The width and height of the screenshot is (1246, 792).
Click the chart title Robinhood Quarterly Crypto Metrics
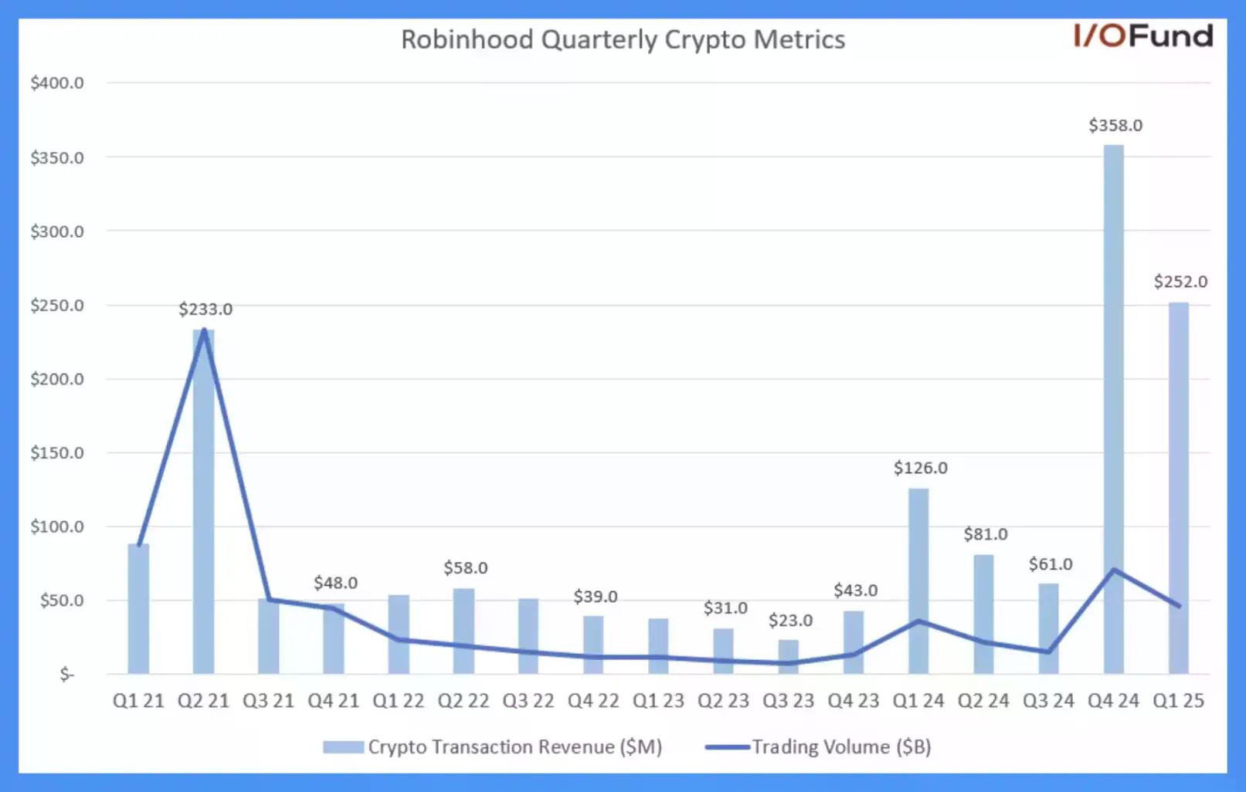(623, 39)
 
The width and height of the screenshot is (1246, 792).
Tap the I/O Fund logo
(1142, 36)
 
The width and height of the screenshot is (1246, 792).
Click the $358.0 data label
(1115, 125)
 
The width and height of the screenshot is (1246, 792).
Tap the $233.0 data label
(205, 310)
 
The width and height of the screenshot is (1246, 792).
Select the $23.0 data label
(790, 621)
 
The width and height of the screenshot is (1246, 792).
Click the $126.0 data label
(920, 468)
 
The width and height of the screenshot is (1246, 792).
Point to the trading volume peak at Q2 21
(204, 330)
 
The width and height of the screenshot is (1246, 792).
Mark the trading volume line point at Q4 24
(1113, 570)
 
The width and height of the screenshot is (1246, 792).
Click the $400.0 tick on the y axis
(57, 83)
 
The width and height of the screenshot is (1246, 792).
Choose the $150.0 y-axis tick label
(57, 453)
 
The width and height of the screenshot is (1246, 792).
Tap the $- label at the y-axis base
(67, 675)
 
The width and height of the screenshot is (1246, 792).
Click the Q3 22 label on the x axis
(528, 701)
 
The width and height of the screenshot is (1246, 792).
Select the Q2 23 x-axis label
(723, 701)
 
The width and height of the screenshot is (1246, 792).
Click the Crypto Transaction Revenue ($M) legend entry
(493, 747)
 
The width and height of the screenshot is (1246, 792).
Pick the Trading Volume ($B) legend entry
(819, 747)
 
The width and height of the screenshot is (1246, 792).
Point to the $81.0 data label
(985, 534)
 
